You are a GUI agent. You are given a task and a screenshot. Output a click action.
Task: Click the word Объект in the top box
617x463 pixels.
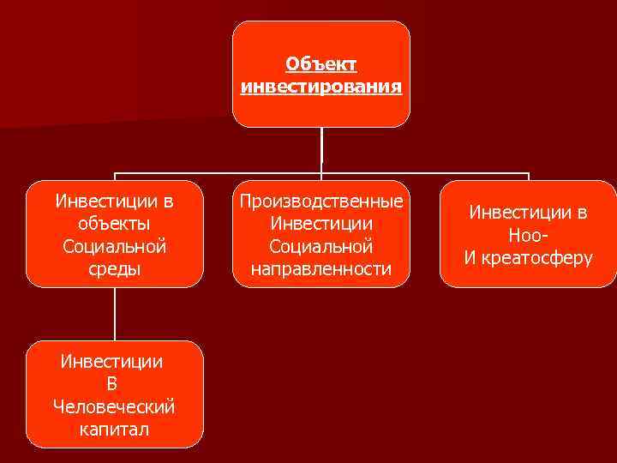pos(321,65)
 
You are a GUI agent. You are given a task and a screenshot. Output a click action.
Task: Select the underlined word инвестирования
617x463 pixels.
pos(321,87)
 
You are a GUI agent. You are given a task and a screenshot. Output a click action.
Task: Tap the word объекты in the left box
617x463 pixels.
pos(114,225)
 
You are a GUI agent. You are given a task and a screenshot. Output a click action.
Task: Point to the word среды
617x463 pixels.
pos(114,269)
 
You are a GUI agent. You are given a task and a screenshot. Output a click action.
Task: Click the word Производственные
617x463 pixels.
pos(321,202)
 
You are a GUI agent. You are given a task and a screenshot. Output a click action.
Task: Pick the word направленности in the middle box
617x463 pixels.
pos(321,269)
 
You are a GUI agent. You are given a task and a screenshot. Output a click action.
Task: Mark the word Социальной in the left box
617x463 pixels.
pos(114,247)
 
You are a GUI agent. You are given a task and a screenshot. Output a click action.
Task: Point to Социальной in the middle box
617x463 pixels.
pos(321,247)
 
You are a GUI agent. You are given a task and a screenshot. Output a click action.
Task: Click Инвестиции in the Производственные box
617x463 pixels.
pos(321,225)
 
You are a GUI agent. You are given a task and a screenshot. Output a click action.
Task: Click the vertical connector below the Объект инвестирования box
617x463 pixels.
pos(321,147)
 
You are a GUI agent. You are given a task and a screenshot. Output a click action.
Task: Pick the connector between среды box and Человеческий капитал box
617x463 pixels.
pos(114,314)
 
